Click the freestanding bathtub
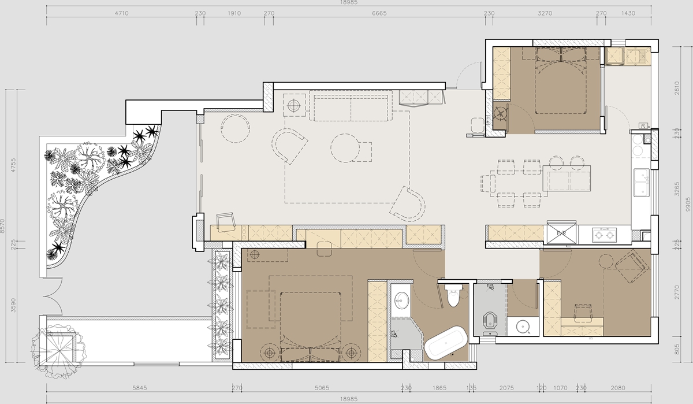(x=445, y=343)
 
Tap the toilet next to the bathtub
(x=453, y=295)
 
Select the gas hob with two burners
(x=604, y=235)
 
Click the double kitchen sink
(x=642, y=182)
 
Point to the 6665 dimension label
(x=379, y=13)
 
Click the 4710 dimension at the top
(x=122, y=13)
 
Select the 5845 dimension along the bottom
(x=140, y=388)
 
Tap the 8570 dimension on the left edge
(x=3, y=226)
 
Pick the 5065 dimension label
(x=322, y=388)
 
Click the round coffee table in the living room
(x=345, y=148)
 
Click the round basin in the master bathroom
(x=401, y=301)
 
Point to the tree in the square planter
(x=58, y=350)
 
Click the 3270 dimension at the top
(x=545, y=13)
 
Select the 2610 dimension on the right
(x=677, y=88)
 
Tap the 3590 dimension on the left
(x=13, y=305)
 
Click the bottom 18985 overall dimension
(x=349, y=399)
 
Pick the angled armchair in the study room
(x=631, y=266)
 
